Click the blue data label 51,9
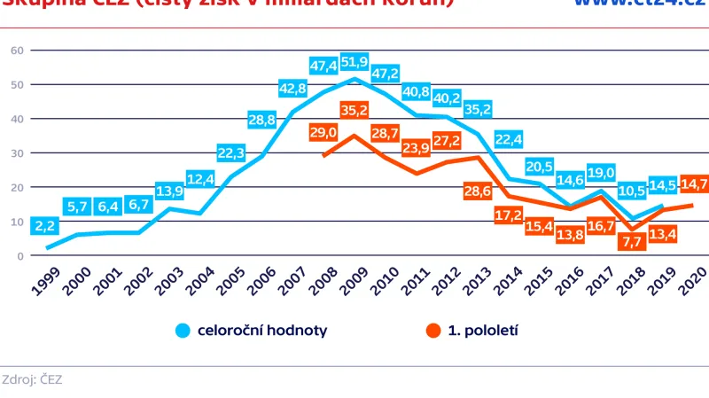tap(355, 62)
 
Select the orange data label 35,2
tap(355, 111)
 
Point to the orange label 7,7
tap(632, 242)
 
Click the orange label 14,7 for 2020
tap(691, 184)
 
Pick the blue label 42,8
tap(292, 89)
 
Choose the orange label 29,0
tap(323, 133)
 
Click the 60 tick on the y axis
tap(16, 50)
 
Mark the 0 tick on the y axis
tap(19, 256)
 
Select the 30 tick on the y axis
tap(16, 152)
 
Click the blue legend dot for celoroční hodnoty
tap(183, 331)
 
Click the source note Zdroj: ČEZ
tap(32, 379)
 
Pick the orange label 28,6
tap(479, 191)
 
